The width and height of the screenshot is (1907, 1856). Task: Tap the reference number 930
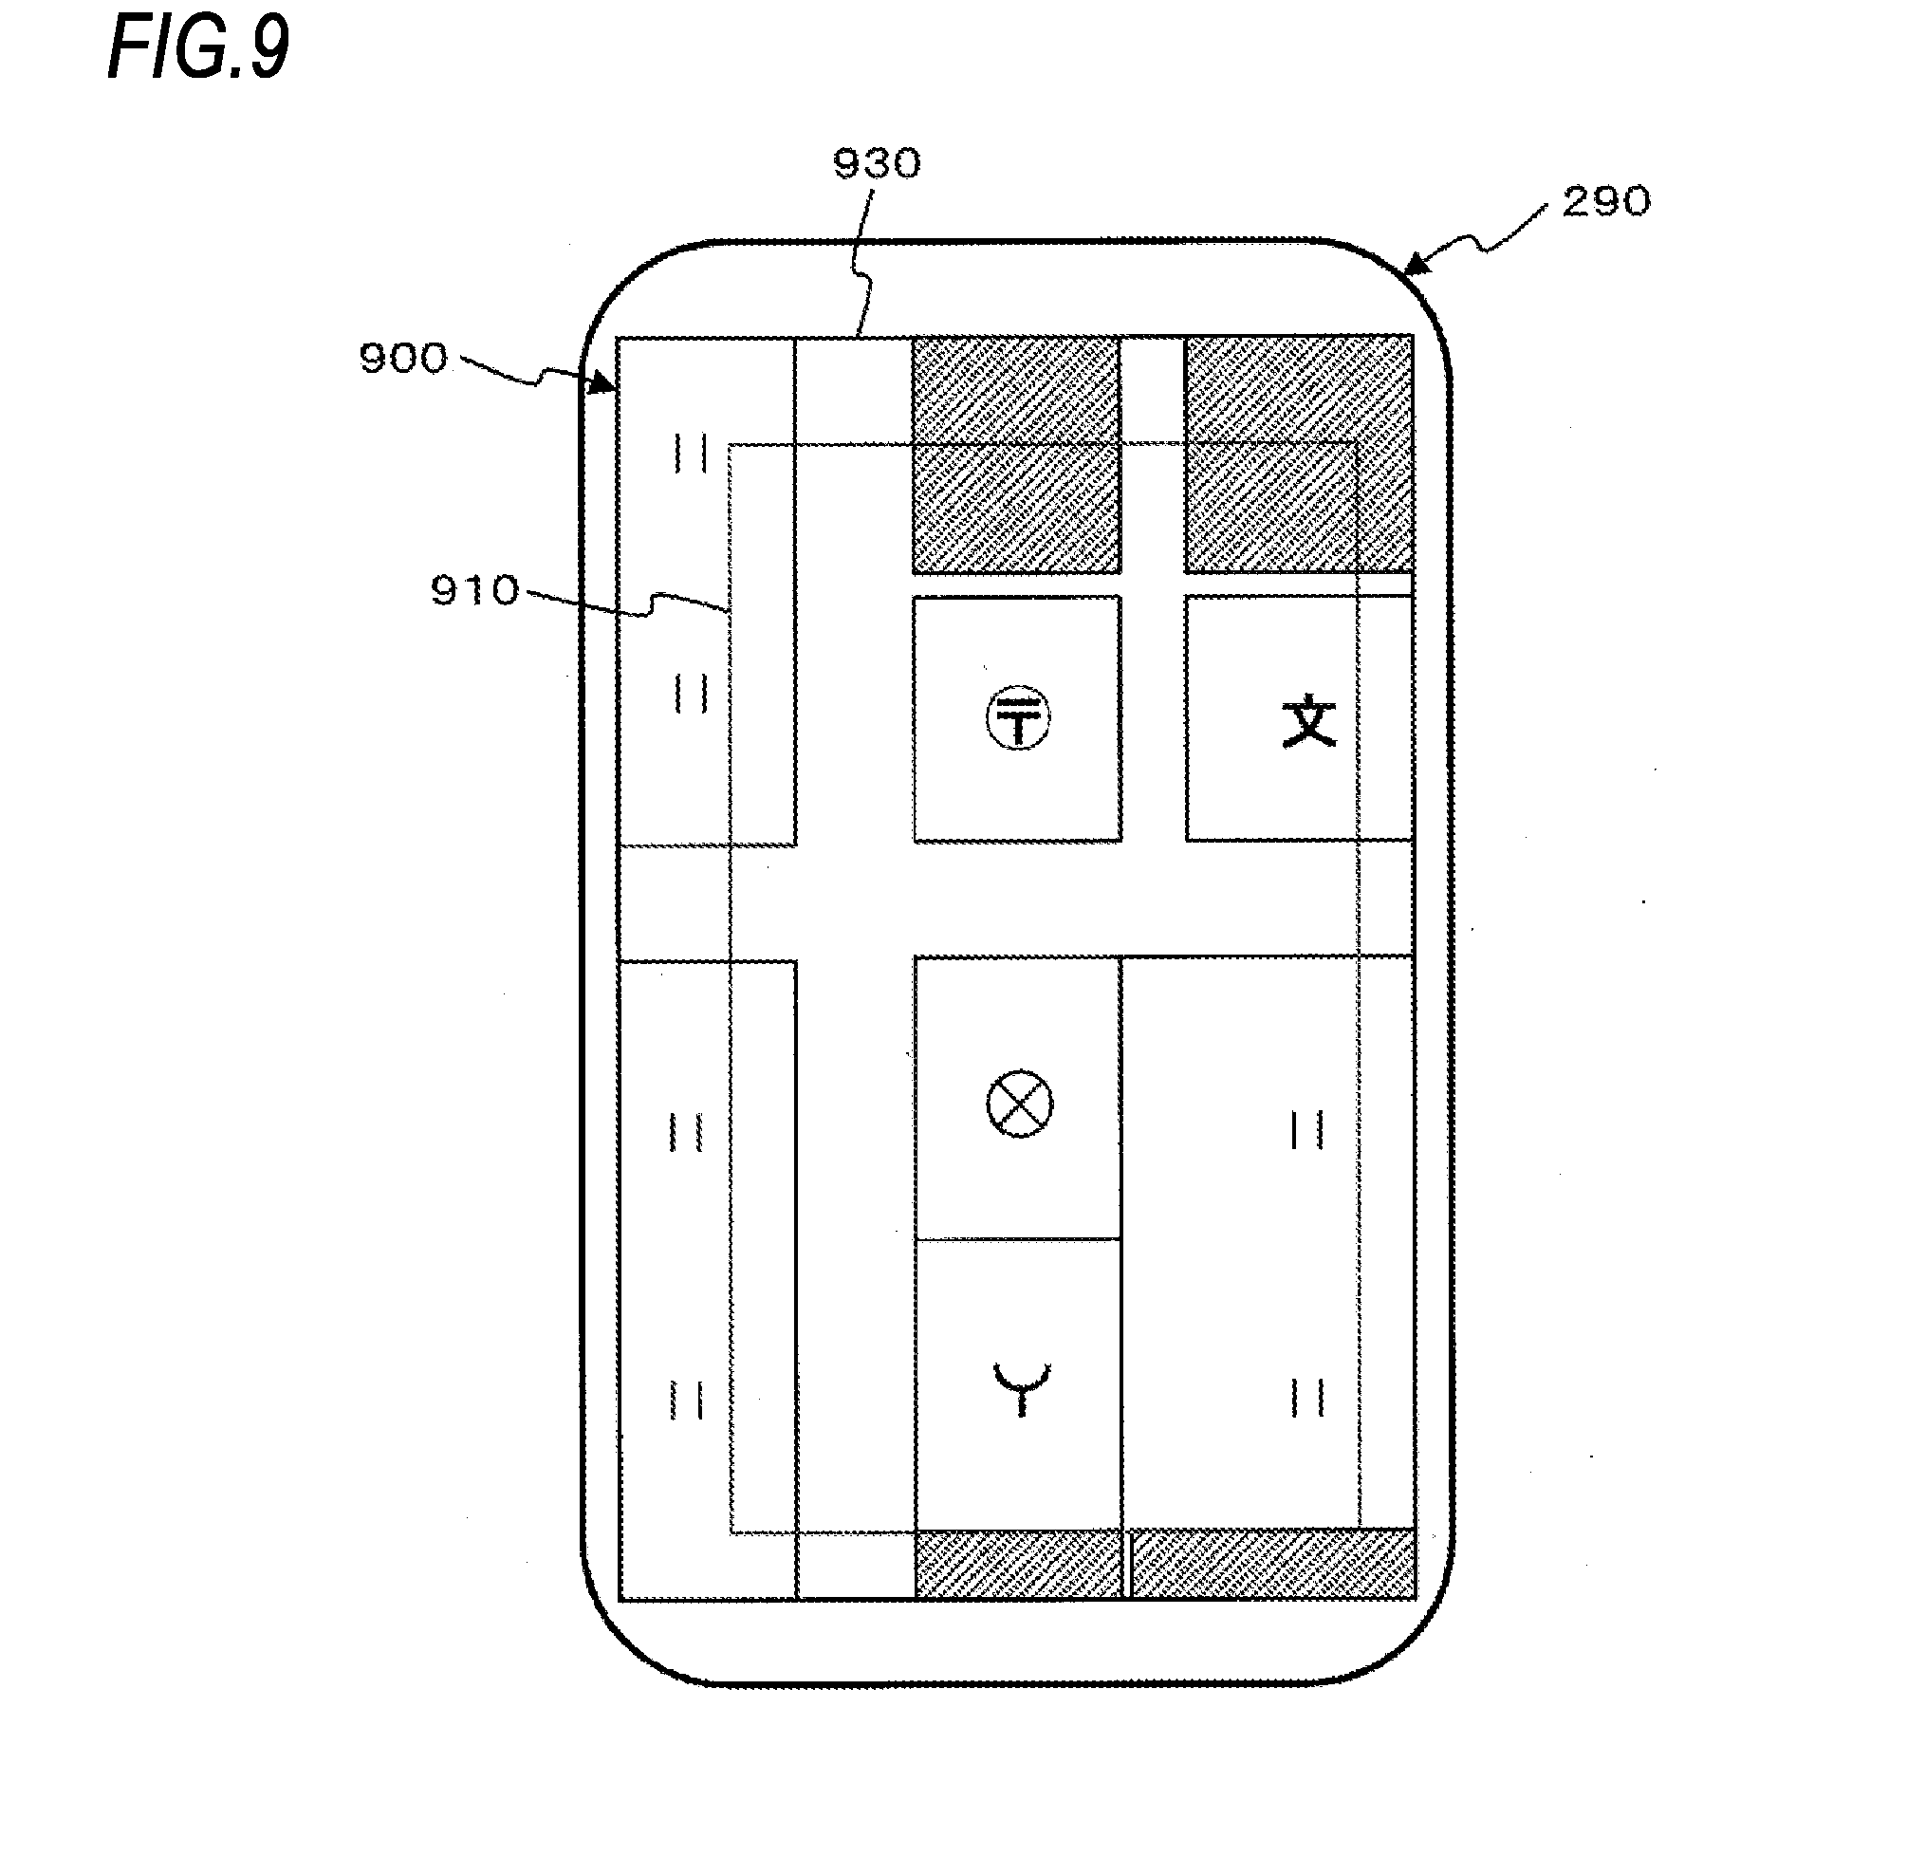[x=876, y=164]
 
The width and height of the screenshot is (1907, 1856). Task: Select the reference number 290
[x=1605, y=202]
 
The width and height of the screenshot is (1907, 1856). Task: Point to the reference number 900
[x=403, y=359]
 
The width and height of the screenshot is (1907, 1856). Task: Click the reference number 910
[x=474, y=591]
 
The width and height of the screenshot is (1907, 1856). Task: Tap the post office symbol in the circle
[x=1018, y=718]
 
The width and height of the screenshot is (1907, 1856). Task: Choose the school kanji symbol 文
[x=1308, y=721]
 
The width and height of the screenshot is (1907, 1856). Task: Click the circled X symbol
[x=1019, y=1104]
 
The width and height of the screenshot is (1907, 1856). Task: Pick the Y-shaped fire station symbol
[x=1020, y=1387]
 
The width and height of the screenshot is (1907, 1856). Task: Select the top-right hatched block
[x=1298, y=454]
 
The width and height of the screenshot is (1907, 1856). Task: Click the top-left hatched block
[x=1016, y=454]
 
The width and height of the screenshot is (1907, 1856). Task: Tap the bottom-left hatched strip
[x=1017, y=1565]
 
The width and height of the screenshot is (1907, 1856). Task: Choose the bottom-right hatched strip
[x=1271, y=1565]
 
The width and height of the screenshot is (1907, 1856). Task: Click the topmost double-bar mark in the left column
[x=691, y=454]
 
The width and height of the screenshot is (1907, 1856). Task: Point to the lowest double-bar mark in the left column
[x=686, y=1400]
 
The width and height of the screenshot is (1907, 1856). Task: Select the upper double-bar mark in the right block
[x=1306, y=1131]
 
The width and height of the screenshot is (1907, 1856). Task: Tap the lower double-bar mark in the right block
[x=1306, y=1397]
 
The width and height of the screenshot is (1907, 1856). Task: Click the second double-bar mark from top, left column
[x=691, y=694]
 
